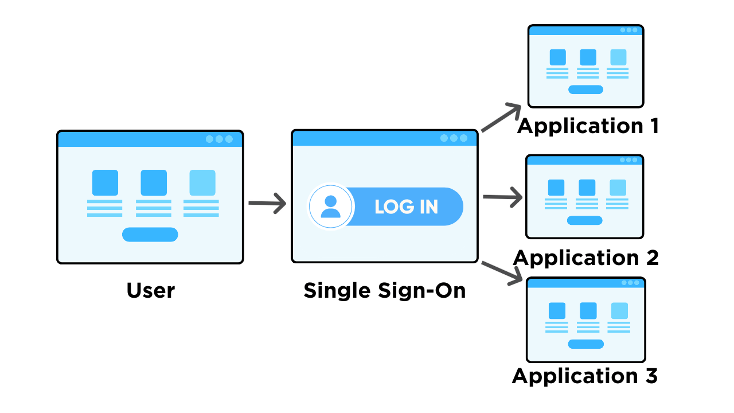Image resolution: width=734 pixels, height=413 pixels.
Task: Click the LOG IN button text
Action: coord(406,207)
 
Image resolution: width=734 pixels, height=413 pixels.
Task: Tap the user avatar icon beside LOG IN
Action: coord(330,206)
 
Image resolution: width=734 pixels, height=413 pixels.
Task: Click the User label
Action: coord(150,290)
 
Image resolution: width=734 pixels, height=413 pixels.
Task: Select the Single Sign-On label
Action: coord(384,290)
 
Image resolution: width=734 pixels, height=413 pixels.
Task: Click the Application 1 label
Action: coord(588,126)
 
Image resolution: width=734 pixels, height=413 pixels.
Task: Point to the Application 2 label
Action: coord(585,258)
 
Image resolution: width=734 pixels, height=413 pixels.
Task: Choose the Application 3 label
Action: coord(584,376)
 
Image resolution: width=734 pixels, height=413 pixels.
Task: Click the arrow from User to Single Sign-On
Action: coord(267,203)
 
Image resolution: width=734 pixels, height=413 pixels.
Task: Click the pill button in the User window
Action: coord(150,235)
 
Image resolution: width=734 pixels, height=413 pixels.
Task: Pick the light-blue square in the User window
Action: coord(202,183)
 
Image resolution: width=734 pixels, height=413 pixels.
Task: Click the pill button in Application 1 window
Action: coord(585,89)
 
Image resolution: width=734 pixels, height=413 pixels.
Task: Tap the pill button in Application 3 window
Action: coord(585,344)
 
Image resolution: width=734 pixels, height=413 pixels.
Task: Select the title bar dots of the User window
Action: coord(219,139)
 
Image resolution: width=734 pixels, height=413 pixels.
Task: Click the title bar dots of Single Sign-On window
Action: coord(454,138)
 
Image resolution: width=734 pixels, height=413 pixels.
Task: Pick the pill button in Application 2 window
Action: coord(584,220)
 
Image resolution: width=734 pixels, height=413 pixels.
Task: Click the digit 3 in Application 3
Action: coord(650,376)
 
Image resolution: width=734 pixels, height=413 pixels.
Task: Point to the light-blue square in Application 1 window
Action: coord(618,57)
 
